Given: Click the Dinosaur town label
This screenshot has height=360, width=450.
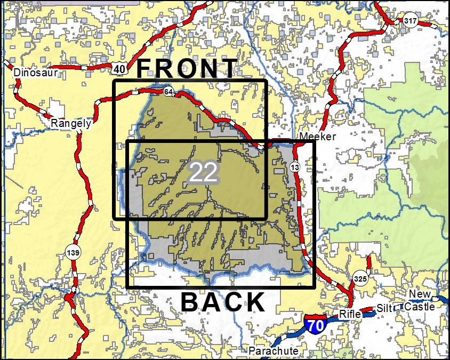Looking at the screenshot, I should (35, 73).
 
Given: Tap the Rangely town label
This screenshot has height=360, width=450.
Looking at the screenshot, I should (70, 124).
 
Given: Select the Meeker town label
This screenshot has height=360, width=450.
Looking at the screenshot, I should (318, 137).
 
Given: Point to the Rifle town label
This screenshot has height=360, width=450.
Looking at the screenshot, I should (350, 314).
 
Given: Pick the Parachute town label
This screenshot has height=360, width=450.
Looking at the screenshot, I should (274, 351).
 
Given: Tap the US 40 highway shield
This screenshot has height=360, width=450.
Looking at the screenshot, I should (119, 68).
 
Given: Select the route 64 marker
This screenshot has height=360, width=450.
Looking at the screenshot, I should (168, 92).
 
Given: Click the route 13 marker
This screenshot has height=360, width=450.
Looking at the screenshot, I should (295, 168).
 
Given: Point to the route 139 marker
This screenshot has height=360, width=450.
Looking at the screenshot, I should (73, 251).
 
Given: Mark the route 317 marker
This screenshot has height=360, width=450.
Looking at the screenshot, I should (410, 21).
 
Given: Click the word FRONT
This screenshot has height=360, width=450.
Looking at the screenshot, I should (187, 69).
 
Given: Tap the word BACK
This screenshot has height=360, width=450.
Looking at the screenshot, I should (223, 302).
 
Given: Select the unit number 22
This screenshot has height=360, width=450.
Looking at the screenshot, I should (203, 172).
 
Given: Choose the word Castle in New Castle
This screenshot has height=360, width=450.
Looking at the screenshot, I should (419, 307).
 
